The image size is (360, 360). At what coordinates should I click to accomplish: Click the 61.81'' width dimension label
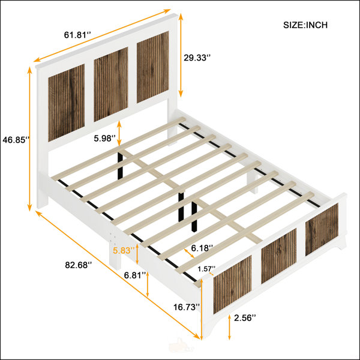(x=77, y=35)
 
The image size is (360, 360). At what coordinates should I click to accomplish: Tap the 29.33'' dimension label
(x=197, y=58)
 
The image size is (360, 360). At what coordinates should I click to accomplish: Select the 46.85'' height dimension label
(x=16, y=140)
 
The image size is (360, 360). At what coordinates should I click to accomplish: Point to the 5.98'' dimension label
(x=104, y=139)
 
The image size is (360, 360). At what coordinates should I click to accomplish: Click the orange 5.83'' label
(x=124, y=250)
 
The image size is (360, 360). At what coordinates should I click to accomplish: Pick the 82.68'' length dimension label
(x=78, y=265)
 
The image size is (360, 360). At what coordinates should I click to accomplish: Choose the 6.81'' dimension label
(x=135, y=275)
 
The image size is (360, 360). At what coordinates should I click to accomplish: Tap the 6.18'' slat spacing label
(x=202, y=248)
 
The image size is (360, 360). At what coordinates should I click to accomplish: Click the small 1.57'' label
(x=206, y=269)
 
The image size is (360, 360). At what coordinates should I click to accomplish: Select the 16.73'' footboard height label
(x=187, y=307)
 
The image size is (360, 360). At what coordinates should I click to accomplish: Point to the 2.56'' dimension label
(x=245, y=318)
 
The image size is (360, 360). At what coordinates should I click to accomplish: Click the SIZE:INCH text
(x=305, y=25)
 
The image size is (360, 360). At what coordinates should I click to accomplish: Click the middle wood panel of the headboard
(x=111, y=84)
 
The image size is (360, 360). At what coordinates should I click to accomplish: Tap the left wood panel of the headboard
(x=67, y=103)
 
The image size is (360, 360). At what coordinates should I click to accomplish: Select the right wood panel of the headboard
(x=153, y=67)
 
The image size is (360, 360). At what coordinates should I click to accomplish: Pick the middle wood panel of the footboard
(x=279, y=256)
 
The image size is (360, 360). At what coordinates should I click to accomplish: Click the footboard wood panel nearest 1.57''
(x=232, y=284)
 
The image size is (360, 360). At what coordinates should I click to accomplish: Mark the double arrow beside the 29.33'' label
(x=181, y=55)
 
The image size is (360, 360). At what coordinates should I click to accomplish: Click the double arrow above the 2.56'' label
(x=229, y=327)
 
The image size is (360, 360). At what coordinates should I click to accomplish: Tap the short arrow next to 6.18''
(x=190, y=253)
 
